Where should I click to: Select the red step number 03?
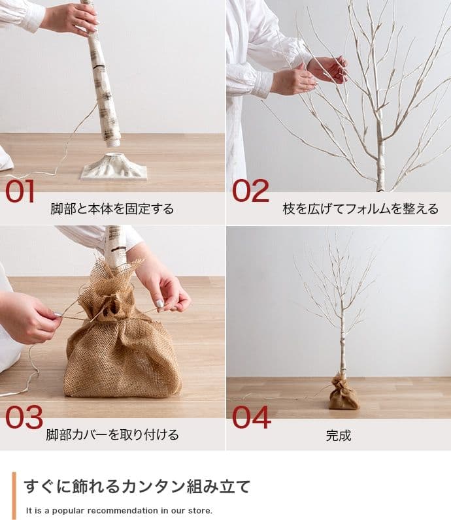24,417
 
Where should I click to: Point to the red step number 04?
251,417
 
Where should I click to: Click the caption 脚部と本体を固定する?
112,209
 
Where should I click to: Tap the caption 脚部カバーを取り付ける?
112,434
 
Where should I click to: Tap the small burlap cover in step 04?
343,394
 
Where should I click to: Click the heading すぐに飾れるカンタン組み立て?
137,487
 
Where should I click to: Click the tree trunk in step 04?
341,346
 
